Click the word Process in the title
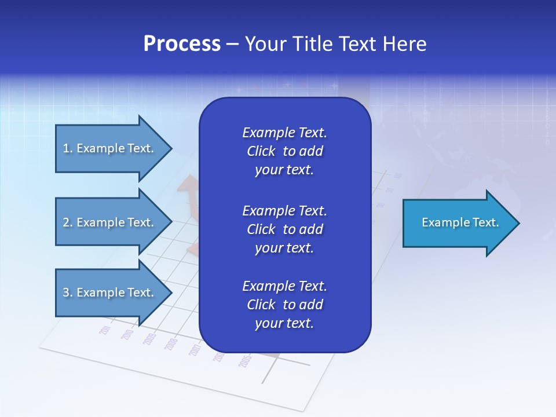182,44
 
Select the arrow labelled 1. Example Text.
110,148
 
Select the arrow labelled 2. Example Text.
110,222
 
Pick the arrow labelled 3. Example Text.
110,292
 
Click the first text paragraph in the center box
284,151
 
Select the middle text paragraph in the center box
284,229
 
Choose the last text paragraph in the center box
284,305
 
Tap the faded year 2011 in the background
105,330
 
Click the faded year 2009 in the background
149,339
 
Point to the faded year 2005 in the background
245,361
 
